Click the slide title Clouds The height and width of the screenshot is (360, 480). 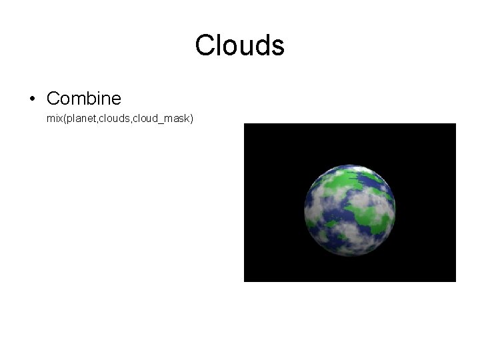coord(240,45)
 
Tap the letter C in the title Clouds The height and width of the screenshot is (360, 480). coord(205,45)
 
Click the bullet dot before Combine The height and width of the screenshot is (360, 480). coord(32,99)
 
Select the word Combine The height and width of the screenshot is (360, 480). coord(84,99)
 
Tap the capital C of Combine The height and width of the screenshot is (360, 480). coord(53,99)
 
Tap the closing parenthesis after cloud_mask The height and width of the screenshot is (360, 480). coord(191,119)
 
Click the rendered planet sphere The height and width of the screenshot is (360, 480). coord(349,210)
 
